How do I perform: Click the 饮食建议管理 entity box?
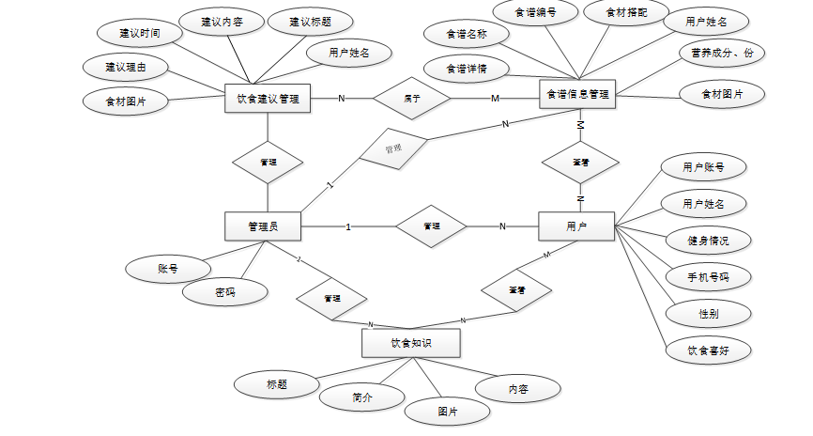pyautogui.click(x=268, y=98)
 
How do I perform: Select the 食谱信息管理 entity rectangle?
pyautogui.click(x=577, y=94)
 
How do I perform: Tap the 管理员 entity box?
pyautogui.click(x=262, y=226)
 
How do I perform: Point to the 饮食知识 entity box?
pyautogui.click(x=411, y=343)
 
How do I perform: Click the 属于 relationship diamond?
pyautogui.click(x=411, y=98)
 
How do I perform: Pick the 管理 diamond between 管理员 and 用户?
pyautogui.click(x=431, y=226)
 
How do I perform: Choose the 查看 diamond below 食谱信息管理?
pyautogui.click(x=580, y=163)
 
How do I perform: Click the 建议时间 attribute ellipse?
pyautogui.click(x=139, y=33)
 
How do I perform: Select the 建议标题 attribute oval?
pyautogui.click(x=309, y=22)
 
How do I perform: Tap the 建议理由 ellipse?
pyautogui.click(x=125, y=67)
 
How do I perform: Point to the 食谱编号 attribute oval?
pyautogui.click(x=534, y=13)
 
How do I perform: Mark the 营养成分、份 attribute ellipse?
pyautogui.click(x=721, y=54)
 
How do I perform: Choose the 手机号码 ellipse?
pyautogui.click(x=695, y=277)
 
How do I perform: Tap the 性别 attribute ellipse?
pyautogui.click(x=695, y=313)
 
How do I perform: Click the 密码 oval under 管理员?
pyautogui.click(x=224, y=293)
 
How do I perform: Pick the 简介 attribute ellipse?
pyautogui.click(x=363, y=397)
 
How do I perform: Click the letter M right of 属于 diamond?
pyautogui.click(x=494, y=99)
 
